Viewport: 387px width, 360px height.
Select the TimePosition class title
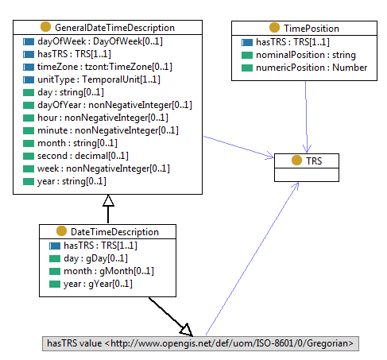click(x=312, y=28)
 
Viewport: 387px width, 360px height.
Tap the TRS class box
click(x=306, y=160)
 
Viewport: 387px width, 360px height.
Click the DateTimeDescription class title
click(x=114, y=232)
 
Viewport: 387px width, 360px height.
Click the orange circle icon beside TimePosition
click(x=275, y=28)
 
